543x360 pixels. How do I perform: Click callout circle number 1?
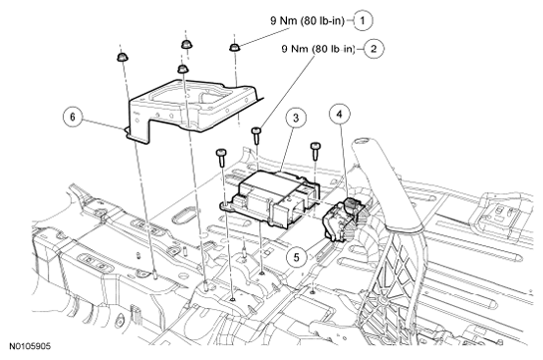[x=363, y=21]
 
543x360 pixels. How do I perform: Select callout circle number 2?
[x=374, y=49]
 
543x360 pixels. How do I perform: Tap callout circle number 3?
[x=295, y=118]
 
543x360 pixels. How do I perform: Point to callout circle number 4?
[x=340, y=114]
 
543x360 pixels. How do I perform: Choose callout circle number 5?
[x=296, y=256]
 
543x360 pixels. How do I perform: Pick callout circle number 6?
[x=73, y=117]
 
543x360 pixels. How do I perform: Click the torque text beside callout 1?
[x=308, y=21]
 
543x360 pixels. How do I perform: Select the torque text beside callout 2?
[x=318, y=49]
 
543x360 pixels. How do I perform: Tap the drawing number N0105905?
[x=30, y=346]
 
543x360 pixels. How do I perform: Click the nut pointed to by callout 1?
[x=234, y=47]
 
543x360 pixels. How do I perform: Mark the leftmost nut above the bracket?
[x=121, y=57]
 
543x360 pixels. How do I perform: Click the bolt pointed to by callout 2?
[x=256, y=136]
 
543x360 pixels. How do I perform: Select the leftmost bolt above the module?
[x=221, y=158]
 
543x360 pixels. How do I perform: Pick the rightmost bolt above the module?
[x=315, y=150]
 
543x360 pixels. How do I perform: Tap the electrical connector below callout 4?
[x=343, y=218]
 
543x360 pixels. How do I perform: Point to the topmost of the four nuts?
[x=186, y=44]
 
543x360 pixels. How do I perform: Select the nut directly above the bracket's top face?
[x=182, y=69]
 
